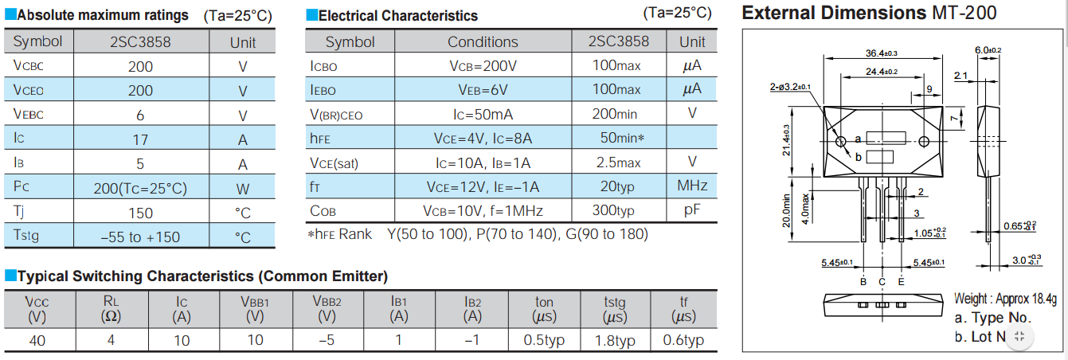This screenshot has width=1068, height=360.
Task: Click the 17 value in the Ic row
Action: coord(140,139)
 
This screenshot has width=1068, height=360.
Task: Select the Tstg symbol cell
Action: coord(31,236)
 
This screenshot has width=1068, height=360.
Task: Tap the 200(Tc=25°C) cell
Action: coord(140,189)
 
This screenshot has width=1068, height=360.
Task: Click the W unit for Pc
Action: coord(243,189)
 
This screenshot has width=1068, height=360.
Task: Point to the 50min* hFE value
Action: coord(621,139)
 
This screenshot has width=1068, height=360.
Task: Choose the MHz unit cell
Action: coord(692,186)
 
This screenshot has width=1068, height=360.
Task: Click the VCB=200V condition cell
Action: coord(483,66)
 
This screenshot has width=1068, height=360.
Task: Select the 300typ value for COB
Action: coord(613,211)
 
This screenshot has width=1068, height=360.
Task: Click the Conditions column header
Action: coord(483,42)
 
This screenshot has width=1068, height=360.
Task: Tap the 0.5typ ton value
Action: coord(544,340)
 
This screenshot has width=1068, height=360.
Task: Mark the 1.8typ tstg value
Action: coord(614,340)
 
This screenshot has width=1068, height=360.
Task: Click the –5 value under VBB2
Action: coord(327,340)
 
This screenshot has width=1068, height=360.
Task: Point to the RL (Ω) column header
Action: coord(110,309)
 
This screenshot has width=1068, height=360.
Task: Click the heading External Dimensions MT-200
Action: coord(869,13)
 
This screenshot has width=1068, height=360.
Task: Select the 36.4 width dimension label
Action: coord(882,53)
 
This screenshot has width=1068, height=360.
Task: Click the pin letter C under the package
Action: coord(882,282)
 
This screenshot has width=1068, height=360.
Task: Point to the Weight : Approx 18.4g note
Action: coord(1005,299)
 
